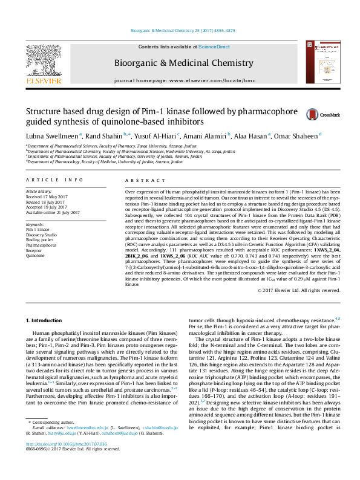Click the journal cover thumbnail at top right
pos(319,62)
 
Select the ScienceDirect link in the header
pos(214,47)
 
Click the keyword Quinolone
pos(35,256)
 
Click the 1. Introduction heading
pos(45,319)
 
